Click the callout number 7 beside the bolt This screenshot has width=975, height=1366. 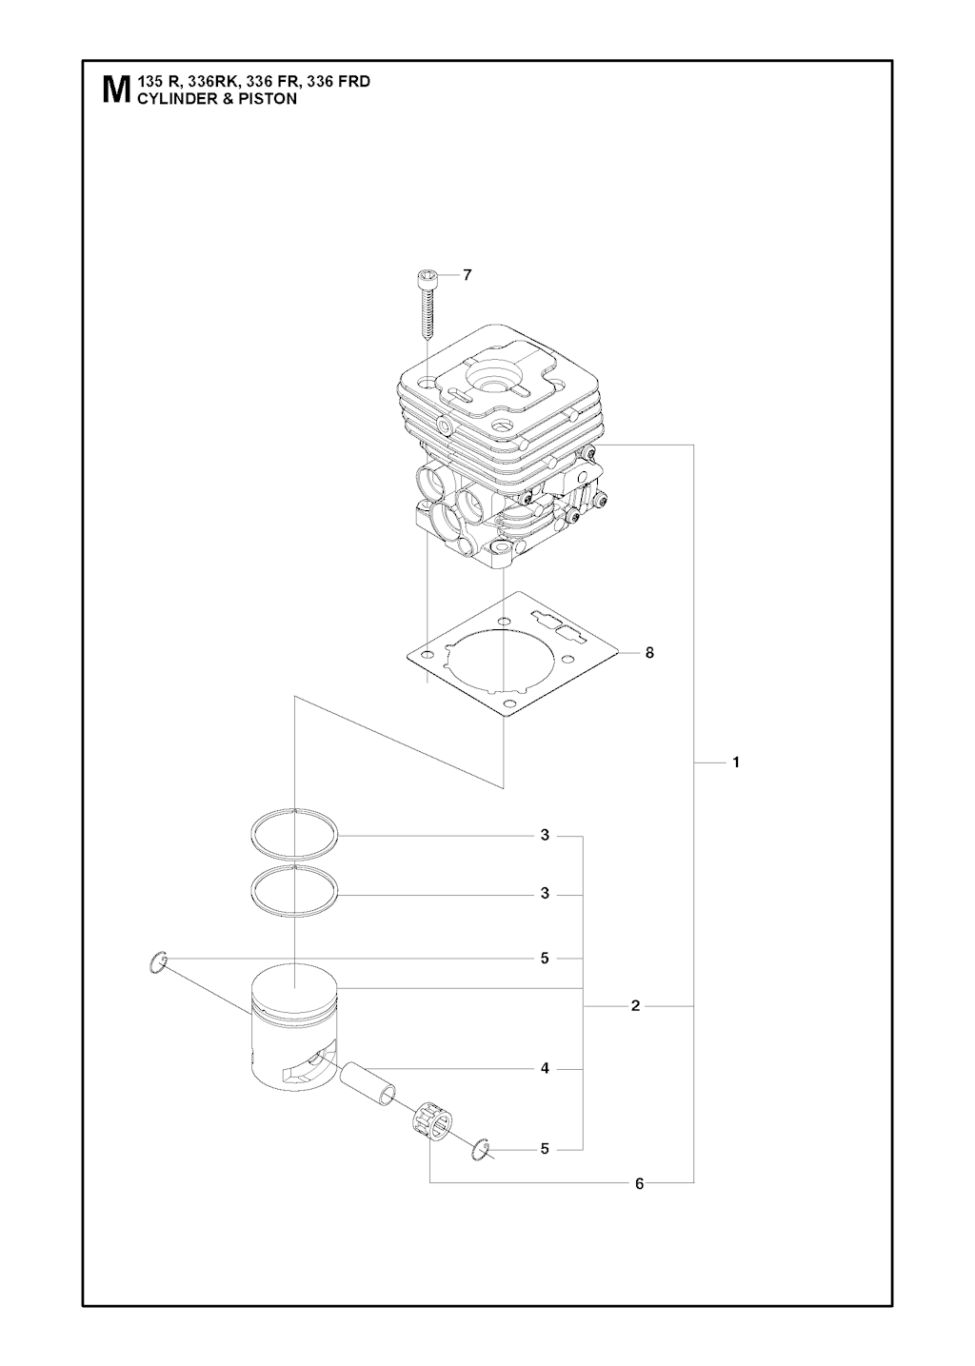pos(467,276)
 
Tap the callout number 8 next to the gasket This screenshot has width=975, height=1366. pos(649,653)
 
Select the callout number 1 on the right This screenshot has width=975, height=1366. pos(736,762)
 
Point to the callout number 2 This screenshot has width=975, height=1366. pos(635,1006)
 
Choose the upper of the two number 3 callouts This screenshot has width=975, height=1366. pos(545,836)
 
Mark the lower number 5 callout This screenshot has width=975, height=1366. pos(545,1149)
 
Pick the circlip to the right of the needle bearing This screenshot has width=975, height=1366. pos(481,1149)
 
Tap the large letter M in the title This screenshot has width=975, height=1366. pos(116,90)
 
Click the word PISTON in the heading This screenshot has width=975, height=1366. pos(271,99)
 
